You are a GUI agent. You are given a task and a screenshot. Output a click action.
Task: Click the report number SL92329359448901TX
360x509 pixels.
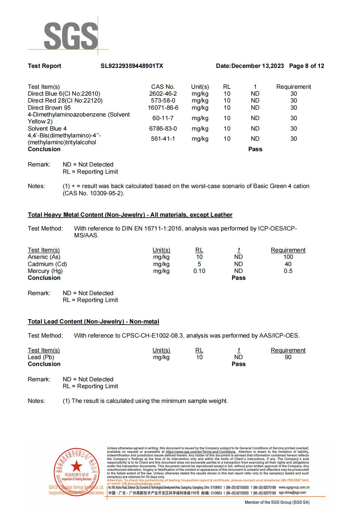pos(132,66)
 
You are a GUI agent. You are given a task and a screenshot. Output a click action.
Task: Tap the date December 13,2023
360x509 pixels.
pos(257,66)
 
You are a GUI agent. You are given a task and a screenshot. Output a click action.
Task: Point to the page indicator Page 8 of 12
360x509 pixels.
pos(306,66)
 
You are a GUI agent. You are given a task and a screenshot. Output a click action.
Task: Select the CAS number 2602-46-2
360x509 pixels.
pos(163,94)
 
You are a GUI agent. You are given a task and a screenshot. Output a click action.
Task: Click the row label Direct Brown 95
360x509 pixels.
pos(49,108)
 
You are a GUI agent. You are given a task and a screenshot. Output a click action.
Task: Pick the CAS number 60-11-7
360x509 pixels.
pos(163,118)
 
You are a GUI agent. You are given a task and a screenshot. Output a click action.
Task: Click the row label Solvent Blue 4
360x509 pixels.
pos(47,129)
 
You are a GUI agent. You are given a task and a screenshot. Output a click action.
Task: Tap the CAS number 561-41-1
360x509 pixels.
pos(163,139)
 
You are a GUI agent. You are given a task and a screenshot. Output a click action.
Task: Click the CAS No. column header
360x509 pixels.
pos(163,87)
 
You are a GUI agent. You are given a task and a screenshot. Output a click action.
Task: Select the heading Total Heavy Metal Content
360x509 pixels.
pos(130,215)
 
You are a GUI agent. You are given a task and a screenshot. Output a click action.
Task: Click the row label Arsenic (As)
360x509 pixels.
pos(44,257)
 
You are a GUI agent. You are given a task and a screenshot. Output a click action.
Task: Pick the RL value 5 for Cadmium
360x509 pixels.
pos(199,264)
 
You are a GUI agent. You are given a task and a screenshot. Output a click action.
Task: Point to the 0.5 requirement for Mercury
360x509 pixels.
pos(288,271)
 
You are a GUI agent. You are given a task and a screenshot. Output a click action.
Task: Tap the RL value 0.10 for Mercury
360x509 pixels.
pos(199,271)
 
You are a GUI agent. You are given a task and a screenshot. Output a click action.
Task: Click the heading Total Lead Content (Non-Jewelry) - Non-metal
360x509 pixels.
pos(93,322)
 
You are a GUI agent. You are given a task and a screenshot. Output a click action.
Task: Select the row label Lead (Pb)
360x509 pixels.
pos(41,357)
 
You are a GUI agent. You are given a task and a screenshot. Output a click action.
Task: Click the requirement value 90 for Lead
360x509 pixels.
pos(288,357)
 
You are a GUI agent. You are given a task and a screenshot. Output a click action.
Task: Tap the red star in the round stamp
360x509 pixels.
pos(77,466)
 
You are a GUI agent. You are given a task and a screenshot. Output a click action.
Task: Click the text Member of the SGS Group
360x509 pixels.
pos(277,502)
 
